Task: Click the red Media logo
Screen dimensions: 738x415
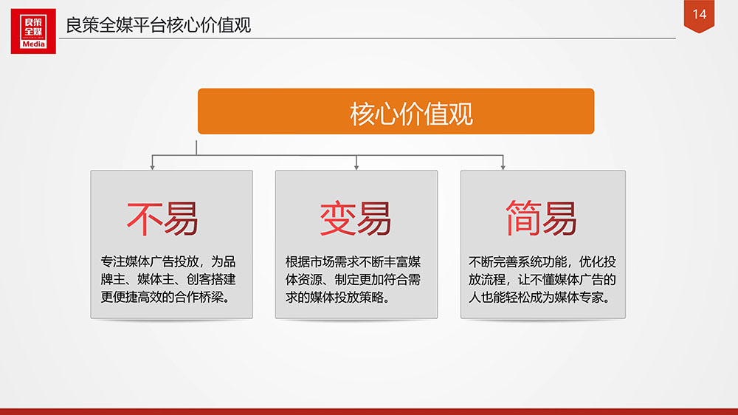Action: [33, 31]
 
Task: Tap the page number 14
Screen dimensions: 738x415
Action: [700, 14]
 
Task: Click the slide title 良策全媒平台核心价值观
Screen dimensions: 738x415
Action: [158, 25]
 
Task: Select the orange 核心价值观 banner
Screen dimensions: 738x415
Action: [396, 112]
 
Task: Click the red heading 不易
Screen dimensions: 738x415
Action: [162, 219]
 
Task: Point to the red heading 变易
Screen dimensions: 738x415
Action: [356, 219]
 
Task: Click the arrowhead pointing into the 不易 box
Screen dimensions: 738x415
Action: [152, 167]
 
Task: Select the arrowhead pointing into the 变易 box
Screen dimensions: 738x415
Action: [356, 167]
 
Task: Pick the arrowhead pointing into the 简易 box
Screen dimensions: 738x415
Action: [503, 167]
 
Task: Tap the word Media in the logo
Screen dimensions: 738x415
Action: [33, 44]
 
